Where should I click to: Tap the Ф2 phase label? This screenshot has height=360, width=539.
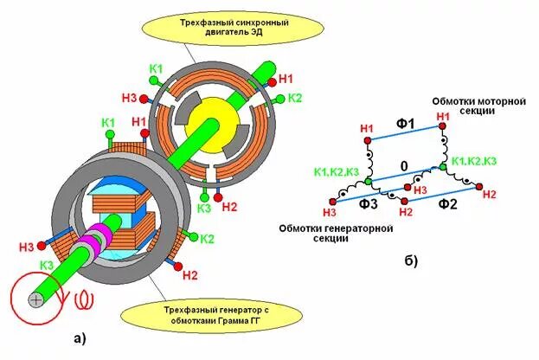tap(447, 205)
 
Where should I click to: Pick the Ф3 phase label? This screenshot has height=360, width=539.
tap(369, 205)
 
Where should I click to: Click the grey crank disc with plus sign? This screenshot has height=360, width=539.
tap(35, 299)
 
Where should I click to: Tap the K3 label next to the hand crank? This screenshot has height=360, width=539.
tap(48, 264)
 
